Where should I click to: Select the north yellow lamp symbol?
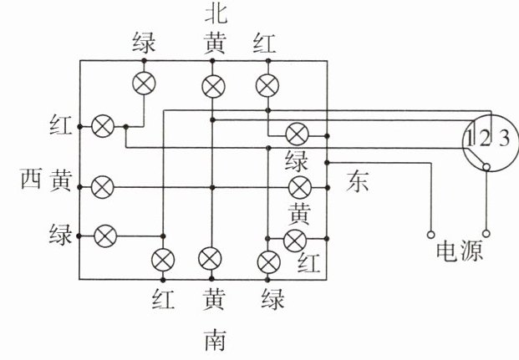pos(214,84)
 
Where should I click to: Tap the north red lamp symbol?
pos(267,84)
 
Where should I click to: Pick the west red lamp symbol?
pos(103,126)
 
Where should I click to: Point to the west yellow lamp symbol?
pos(103,185)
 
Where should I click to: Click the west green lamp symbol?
pos(104,236)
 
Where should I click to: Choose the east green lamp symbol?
pos(297,133)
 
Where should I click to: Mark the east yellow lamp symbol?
pos(298,185)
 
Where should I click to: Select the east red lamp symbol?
pos(294,241)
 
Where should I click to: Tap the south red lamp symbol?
pos(162,260)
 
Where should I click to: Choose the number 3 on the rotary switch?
pos(502,138)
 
